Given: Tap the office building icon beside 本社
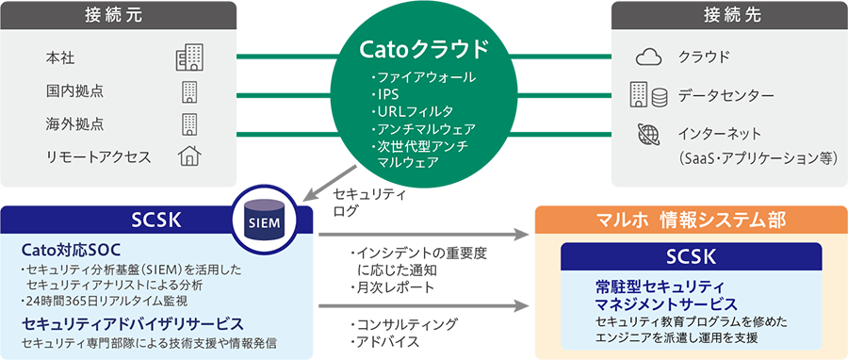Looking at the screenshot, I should (x=188, y=58).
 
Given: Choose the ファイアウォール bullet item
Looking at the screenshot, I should (x=424, y=78).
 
